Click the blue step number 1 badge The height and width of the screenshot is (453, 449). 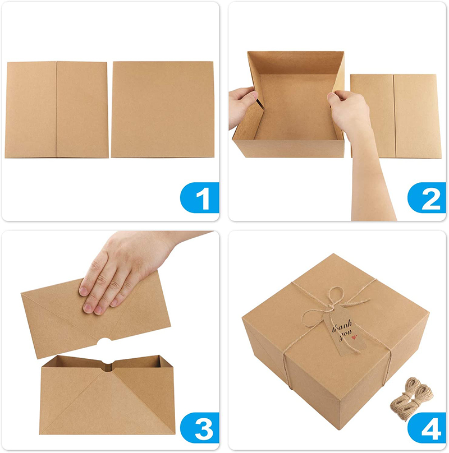200,197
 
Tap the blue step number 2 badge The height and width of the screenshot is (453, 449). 427,197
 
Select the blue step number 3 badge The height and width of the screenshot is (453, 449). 200,428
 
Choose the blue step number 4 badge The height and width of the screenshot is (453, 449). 427,428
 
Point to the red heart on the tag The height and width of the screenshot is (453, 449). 354,337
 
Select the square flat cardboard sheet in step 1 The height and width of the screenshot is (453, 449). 163,109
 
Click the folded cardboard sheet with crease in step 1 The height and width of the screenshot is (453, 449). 57,109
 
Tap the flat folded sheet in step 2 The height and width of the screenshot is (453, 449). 396,116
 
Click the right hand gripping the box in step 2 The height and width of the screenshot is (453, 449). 350,115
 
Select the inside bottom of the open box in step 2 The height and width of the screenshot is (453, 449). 296,108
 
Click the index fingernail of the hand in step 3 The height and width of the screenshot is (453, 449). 83,290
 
